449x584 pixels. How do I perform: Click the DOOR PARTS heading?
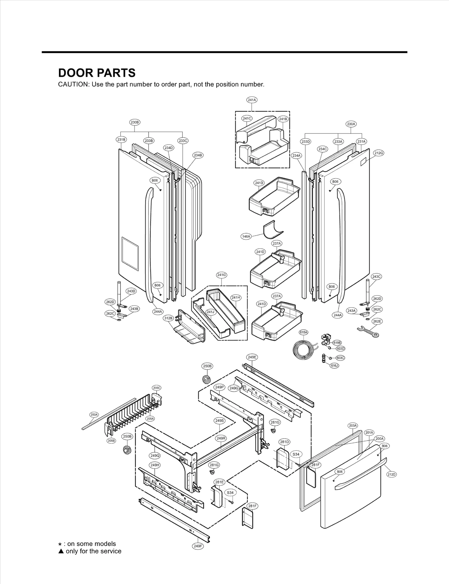tap(97, 73)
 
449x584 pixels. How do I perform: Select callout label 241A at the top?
tap(252, 100)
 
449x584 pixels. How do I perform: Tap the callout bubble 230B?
tap(135, 122)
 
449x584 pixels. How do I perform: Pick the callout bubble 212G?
tap(379, 153)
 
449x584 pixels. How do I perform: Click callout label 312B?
tap(168, 318)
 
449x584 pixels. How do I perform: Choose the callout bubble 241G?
tap(221, 275)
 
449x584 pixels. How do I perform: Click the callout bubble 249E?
tap(252, 357)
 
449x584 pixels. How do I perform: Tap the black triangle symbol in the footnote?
tap(61, 551)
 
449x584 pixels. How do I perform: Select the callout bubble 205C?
tap(157, 388)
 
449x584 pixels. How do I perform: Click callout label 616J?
tap(334, 366)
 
